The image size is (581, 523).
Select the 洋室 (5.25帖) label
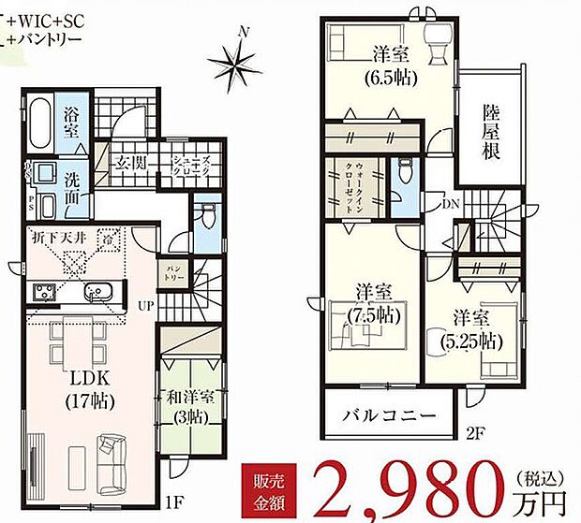click(x=469, y=328)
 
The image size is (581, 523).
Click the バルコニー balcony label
click(x=389, y=414)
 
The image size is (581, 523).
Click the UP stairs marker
click(x=148, y=305)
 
